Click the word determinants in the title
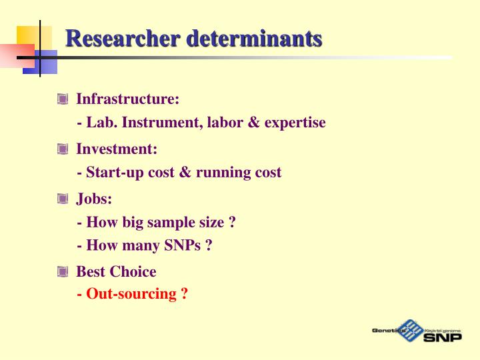254,39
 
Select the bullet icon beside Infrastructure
63,99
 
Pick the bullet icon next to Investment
63,149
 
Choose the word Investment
116,149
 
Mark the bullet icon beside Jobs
63,198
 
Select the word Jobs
93,198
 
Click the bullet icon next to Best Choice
63,271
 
